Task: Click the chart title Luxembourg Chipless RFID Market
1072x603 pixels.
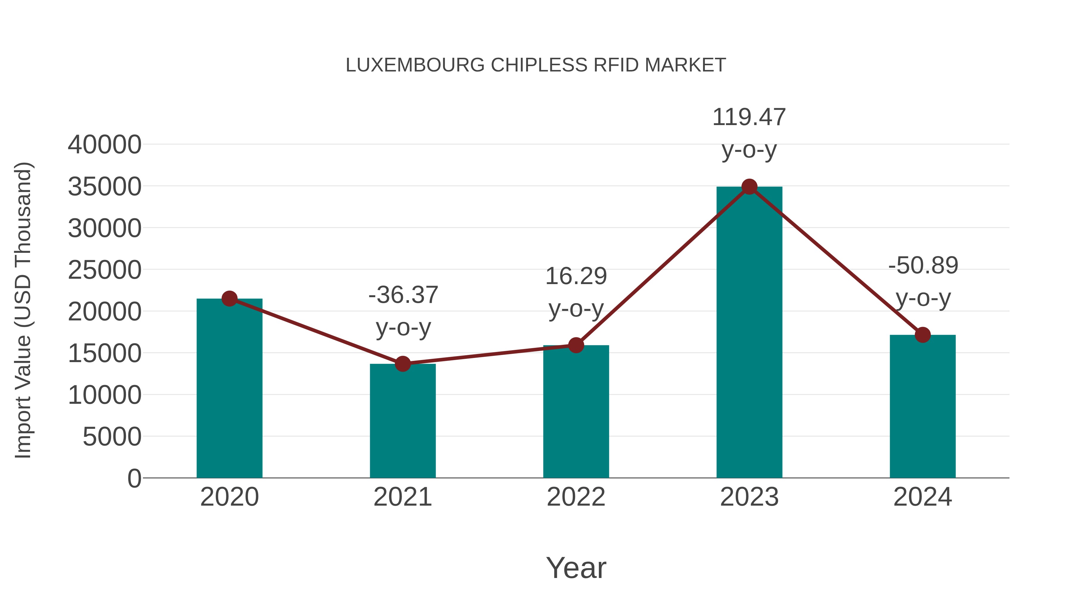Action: (536, 65)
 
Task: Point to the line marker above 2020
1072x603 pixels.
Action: (229, 298)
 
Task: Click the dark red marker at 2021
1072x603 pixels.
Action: (402, 364)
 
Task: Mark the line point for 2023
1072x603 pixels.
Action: (749, 187)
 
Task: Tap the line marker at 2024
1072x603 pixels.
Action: (923, 335)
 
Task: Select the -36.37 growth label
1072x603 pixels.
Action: (403, 295)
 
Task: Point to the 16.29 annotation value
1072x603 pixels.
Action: (576, 276)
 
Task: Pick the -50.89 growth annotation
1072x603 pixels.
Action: (923, 266)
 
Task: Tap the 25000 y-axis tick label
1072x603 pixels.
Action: (105, 270)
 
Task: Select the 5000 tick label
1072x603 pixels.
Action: (112, 437)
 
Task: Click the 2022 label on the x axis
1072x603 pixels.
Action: (576, 497)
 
